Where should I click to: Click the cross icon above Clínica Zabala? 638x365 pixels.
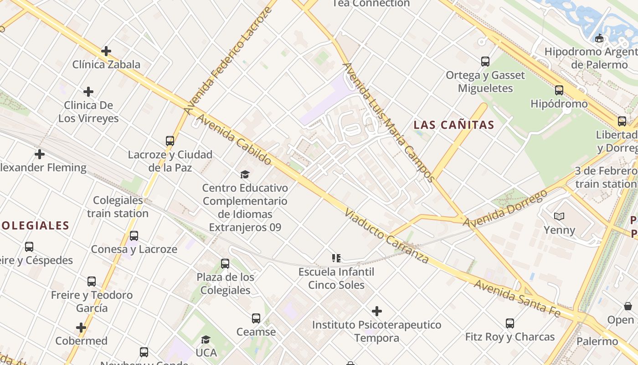[106, 51]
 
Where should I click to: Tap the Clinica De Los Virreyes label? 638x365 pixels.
[88, 112]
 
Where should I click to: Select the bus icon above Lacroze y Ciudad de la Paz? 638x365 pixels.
[170, 141]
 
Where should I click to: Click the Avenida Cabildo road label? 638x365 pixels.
[234, 140]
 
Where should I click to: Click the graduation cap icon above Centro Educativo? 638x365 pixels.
[245, 174]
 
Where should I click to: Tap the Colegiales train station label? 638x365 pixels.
[118, 207]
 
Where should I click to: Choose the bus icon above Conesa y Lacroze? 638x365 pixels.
[134, 236]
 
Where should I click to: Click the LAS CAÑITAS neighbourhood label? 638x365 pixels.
[454, 125]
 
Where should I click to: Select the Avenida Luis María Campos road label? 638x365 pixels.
[388, 122]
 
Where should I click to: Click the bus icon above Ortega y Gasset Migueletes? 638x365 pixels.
[485, 61]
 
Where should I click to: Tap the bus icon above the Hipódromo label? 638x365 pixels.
[559, 90]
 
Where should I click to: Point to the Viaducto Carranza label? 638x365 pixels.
[386, 236]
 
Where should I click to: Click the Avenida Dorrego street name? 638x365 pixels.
[505, 209]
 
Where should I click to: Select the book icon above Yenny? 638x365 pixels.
[559, 216]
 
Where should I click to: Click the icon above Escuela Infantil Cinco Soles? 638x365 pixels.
[336, 258]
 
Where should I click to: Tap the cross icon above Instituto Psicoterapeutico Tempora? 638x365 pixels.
[377, 311]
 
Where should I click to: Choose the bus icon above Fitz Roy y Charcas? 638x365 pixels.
[510, 323]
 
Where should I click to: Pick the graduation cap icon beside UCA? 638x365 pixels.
[206, 339]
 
